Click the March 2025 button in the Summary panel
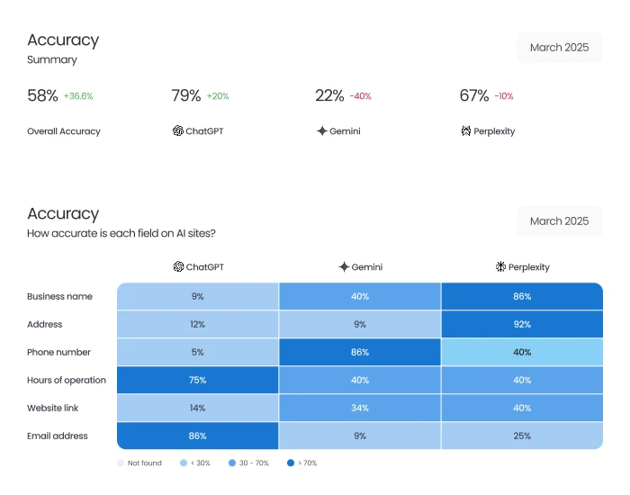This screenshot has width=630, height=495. [x=559, y=48]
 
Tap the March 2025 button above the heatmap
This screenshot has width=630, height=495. [x=559, y=221]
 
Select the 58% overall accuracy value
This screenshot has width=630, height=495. [x=42, y=95]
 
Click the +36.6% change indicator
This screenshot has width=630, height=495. [x=78, y=96]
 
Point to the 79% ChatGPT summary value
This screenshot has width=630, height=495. [x=185, y=95]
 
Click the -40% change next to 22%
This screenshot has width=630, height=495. [x=360, y=96]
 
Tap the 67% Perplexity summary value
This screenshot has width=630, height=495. [x=474, y=95]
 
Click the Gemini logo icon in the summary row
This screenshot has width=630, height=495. [x=321, y=131]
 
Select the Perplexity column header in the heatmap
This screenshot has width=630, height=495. [x=522, y=267]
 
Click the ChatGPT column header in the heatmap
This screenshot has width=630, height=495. [x=198, y=267]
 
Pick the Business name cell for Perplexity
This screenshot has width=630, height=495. [x=522, y=296]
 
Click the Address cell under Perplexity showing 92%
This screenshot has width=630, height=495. [x=522, y=324]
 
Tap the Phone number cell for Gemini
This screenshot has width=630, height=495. [x=360, y=352]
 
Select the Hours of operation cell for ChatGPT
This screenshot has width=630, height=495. [x=198, y=380]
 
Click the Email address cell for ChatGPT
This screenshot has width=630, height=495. [x=198, y=436]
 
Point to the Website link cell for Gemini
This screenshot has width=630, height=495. [x=360, y=408]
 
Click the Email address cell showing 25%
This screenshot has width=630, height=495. [x=522, y=436]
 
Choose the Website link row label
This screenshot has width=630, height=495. [x=52, y=408]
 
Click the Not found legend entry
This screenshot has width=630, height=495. [x=139, y=463]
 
